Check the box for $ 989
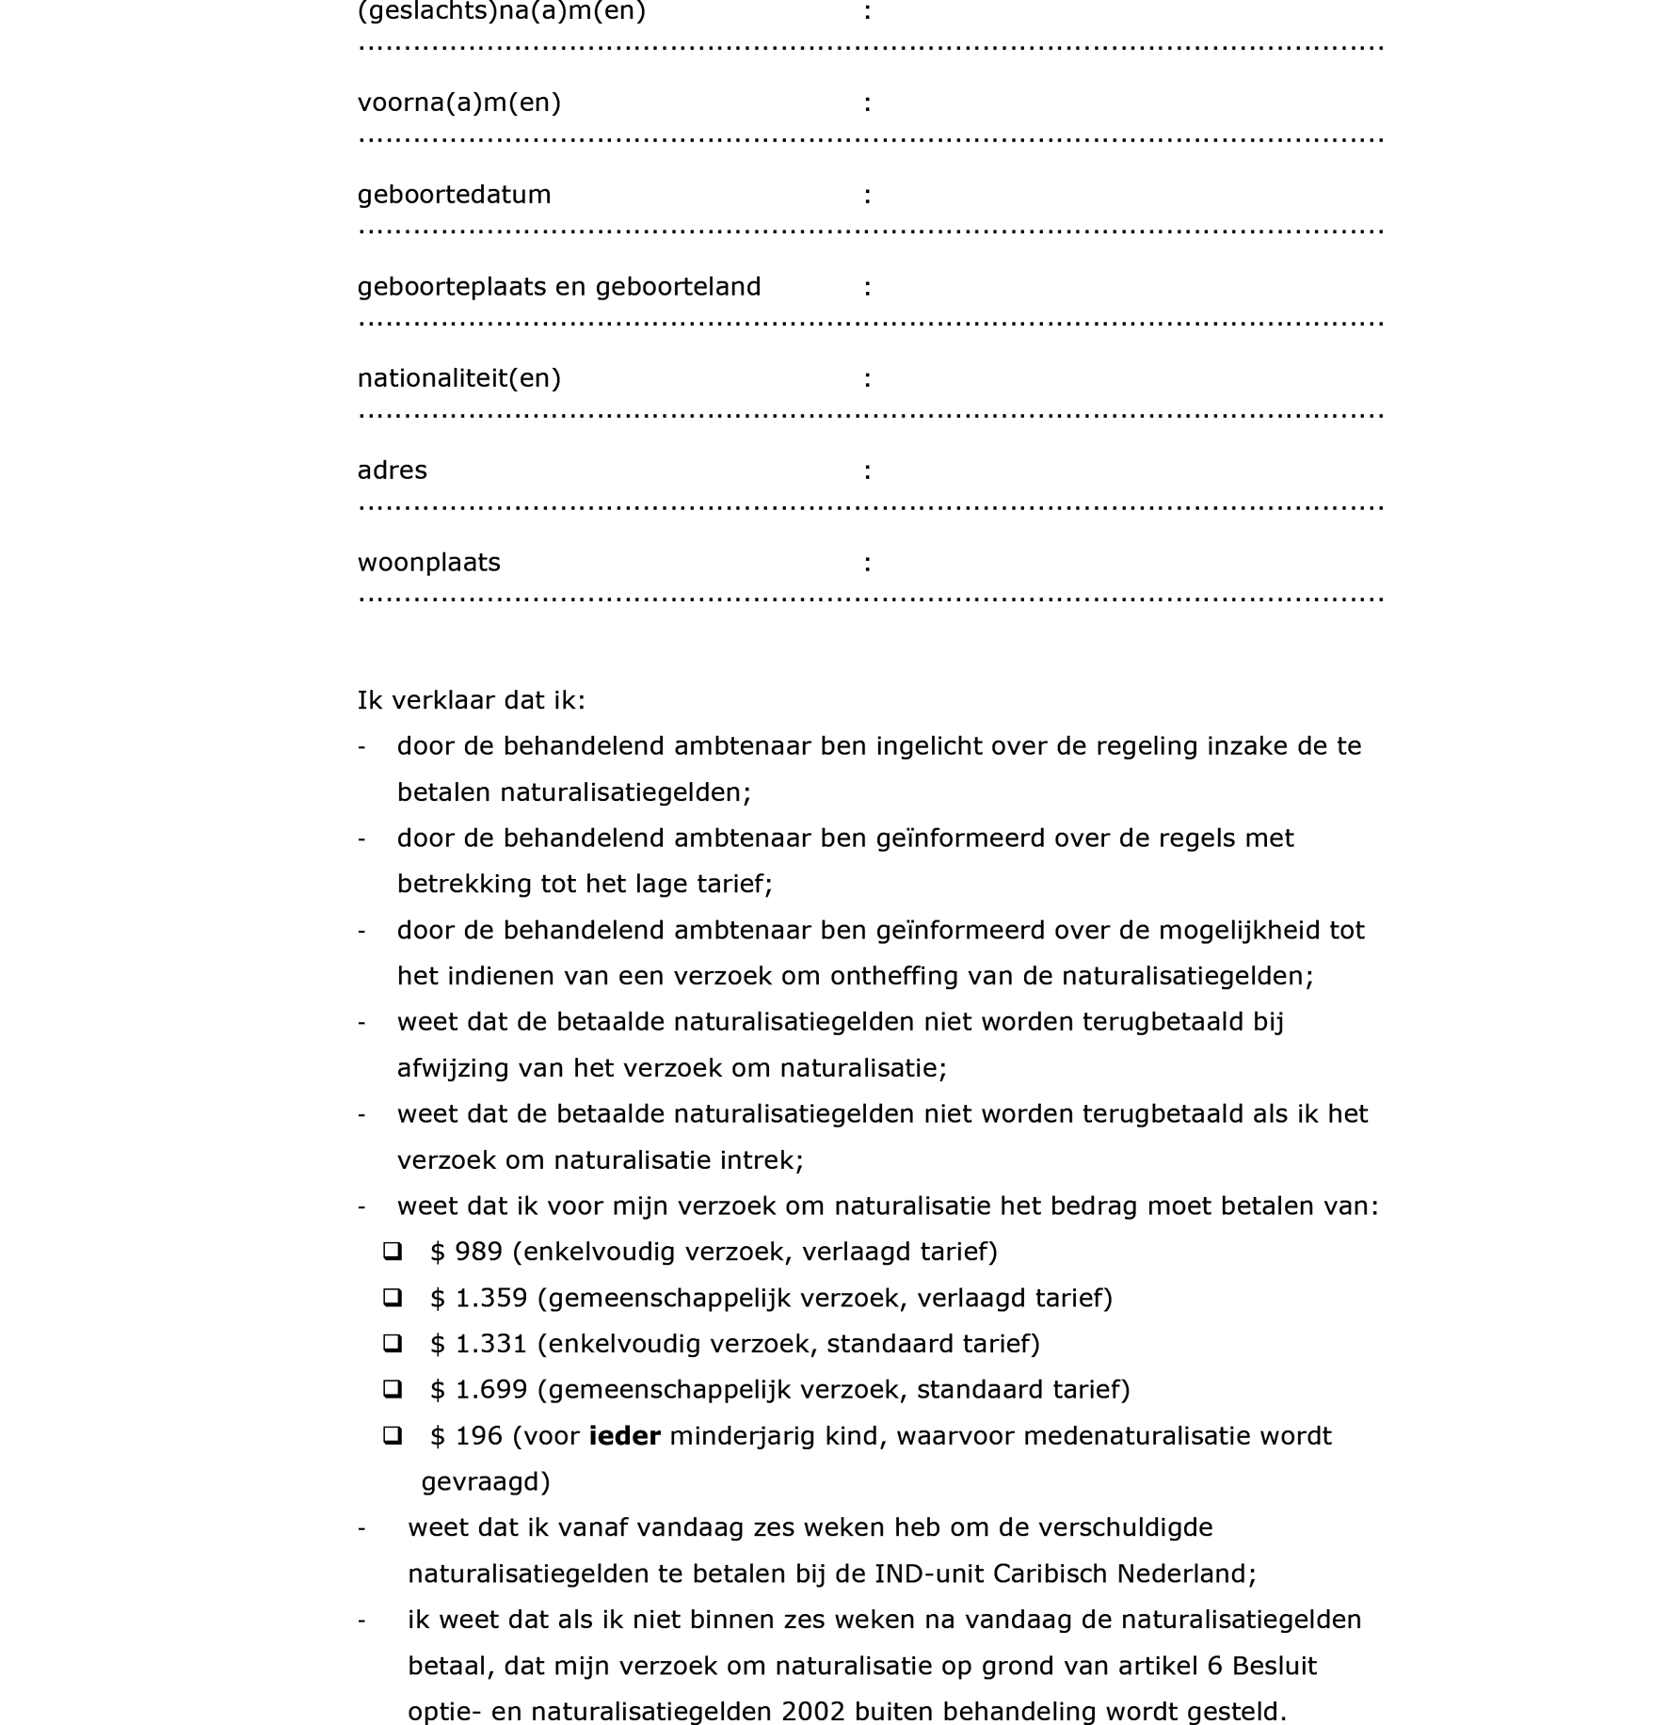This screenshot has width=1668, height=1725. click(393, 1252)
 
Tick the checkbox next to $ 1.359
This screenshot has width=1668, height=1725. click(393, 1298)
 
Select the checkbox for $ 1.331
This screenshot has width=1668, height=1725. click(393, 1343)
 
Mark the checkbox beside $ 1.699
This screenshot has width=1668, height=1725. click(393, 1389)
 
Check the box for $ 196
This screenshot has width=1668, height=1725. click(393, 1435)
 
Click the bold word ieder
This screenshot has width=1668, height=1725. click(624, 1436)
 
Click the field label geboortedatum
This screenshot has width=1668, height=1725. click(454, 195)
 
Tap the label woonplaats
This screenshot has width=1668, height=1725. click(428, 563)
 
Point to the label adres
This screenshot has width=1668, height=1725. click(392, 471)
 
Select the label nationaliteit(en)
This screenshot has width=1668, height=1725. click(458, 378)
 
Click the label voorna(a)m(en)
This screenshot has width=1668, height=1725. click(458, 103)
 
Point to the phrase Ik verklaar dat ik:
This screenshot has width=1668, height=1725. click(471, 701)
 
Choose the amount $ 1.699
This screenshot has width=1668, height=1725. click(478, 1390)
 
